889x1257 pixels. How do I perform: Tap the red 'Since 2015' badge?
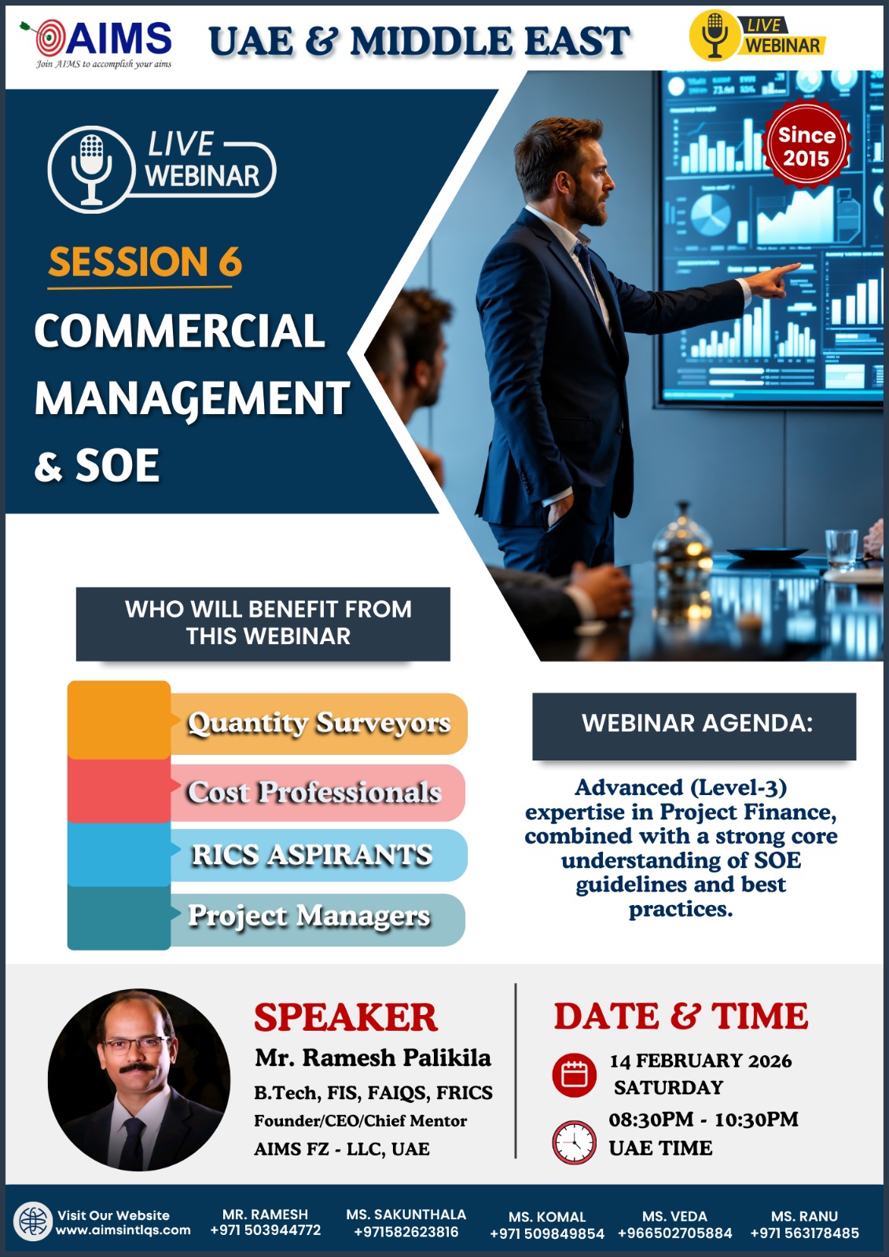tap(806, 146)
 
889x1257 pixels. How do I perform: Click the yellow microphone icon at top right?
tap(715, 35)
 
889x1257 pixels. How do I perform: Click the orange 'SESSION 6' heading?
tap(145, 262)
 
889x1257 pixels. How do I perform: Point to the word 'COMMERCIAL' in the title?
tap(180, 331)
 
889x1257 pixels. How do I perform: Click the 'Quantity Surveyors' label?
tap(319, 723)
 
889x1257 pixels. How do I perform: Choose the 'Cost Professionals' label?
tap(314, 792)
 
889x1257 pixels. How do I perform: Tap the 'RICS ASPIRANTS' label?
tap(312, 855)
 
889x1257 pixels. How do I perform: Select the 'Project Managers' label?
tap(309, 916)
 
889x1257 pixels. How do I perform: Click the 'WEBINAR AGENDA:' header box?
tap(694, 726)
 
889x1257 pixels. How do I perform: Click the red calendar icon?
tap(574, 1076)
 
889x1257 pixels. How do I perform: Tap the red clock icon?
tap(574, 1142)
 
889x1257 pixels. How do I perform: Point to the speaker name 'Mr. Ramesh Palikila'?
tap(373, 1057)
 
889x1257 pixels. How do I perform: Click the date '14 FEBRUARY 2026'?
tap(701, 1061)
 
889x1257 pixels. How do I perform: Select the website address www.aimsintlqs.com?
tap(123, 1230)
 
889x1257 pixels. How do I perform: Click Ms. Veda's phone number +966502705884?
tap(675, 1233)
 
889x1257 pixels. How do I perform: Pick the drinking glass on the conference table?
tap(841, 549)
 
